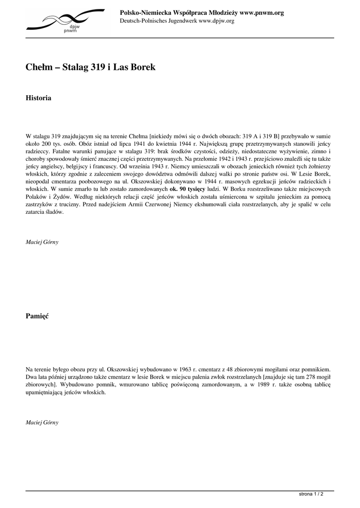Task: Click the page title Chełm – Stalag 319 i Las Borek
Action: coord(90,67)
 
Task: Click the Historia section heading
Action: coord(39,98)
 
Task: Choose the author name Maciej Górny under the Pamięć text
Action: coord(42,422)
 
